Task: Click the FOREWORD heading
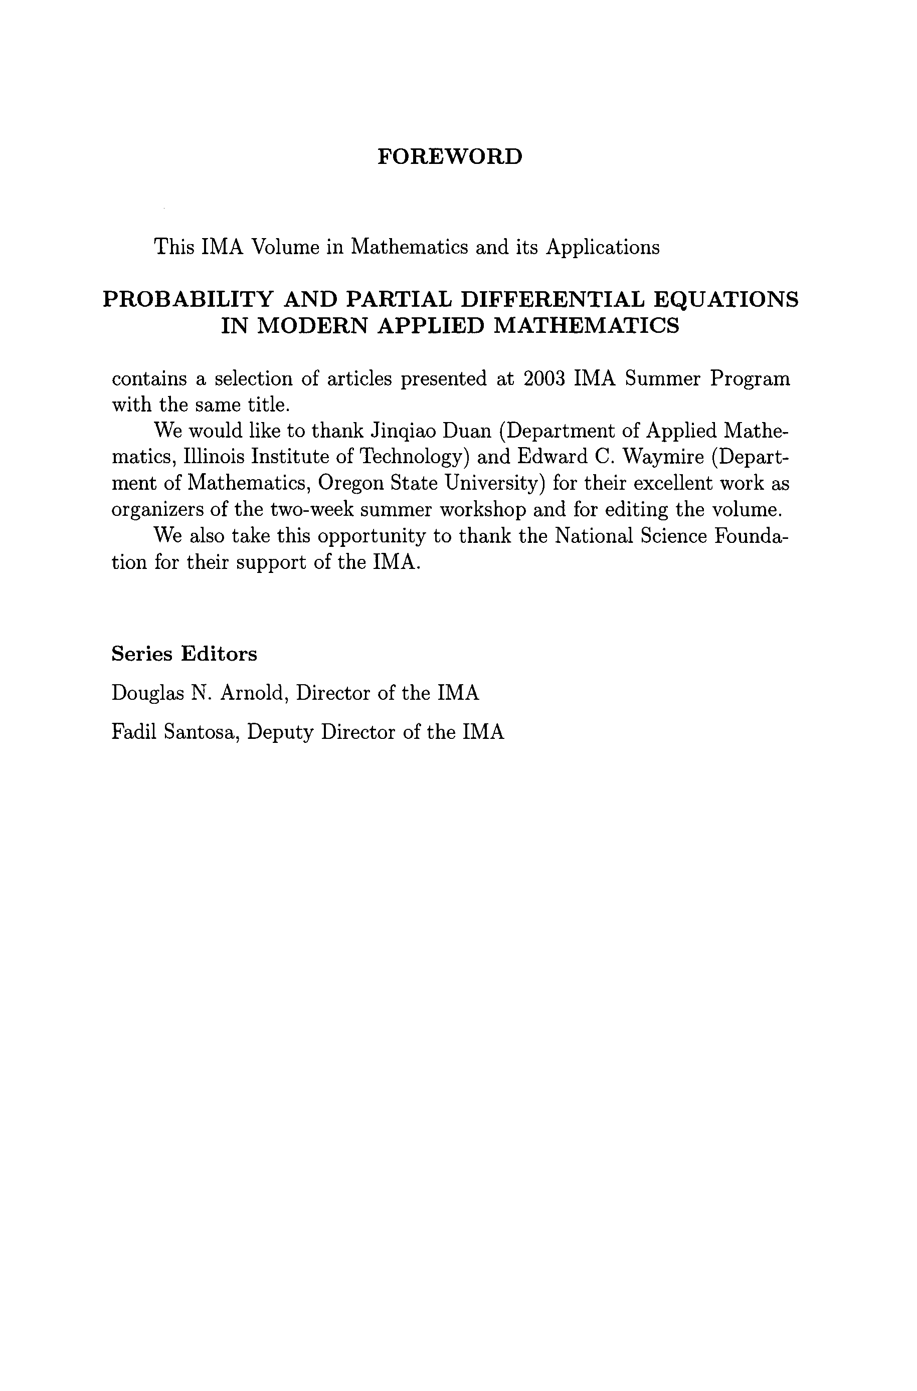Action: (x=450, y=157)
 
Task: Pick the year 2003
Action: (x=543, y=379)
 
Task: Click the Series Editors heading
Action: (x=184, y=654)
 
